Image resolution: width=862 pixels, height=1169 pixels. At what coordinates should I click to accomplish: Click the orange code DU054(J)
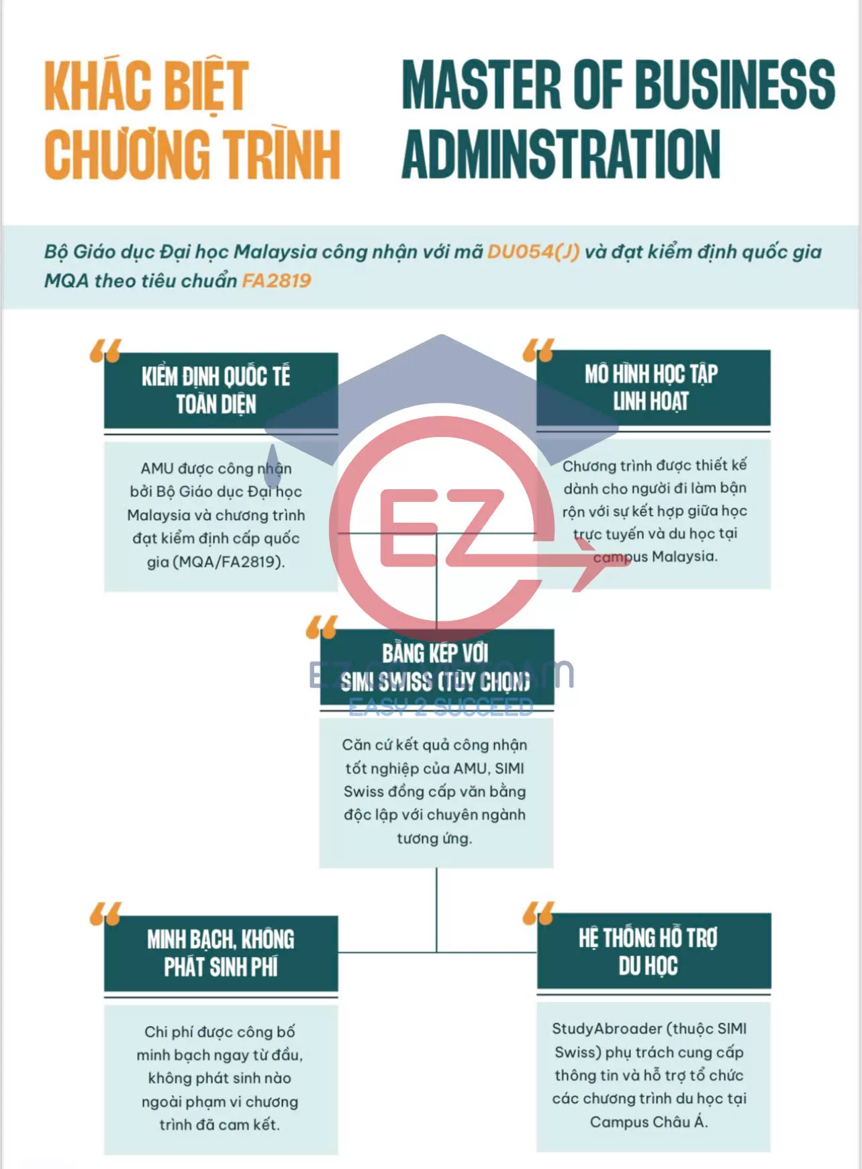[533, 252]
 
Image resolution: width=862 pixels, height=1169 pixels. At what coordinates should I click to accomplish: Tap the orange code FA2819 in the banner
[276, 281]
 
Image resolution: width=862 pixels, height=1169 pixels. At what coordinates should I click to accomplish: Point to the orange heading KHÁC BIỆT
[146, 86]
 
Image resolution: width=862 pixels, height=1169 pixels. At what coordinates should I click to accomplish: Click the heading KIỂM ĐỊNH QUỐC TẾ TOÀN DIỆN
[216, 391]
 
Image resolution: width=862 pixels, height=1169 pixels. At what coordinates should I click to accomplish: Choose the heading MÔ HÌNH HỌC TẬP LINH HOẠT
[651, 387]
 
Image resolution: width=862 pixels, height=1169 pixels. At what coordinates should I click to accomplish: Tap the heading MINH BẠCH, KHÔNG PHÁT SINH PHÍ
[221, 953]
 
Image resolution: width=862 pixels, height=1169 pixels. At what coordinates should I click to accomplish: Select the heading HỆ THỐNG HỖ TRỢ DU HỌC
[649, 951]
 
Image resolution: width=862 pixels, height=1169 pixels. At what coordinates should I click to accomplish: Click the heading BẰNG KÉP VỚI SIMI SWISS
[436, 667]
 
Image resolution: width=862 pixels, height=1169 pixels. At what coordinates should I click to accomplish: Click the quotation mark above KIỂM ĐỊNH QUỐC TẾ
[105, 350]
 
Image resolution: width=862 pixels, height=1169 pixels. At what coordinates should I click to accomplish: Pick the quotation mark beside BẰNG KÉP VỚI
[322, 627]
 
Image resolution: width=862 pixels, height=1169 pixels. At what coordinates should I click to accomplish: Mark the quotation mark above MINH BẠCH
[105, 913]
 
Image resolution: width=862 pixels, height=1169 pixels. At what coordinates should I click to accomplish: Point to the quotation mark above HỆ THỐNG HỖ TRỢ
[538, 912]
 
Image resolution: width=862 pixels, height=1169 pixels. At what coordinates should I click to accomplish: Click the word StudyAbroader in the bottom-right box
[607, 1029]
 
